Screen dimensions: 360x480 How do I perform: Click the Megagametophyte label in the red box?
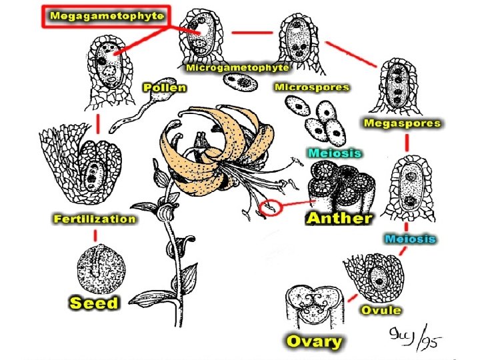pyautogui.click(x=106, y=16)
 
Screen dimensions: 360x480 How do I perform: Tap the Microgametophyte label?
pyautogui.click(x=237, y=67)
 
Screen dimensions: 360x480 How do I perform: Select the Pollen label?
pyautogui.click(x=165, y=87)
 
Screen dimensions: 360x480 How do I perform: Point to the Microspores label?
pyautogui.click(x=312, y=87)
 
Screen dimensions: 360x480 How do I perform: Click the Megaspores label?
pyautogui.click(x=402, y=123)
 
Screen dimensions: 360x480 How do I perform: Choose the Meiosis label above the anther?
pyautogui.click(x=335, y=153)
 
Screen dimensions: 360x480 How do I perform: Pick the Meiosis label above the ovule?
pyautogui.click(x=409, y=238)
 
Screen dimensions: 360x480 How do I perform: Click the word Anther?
pyautogui.click(x=339, y=217)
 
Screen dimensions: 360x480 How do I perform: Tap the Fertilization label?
pyautogui.click(x=95, y=219)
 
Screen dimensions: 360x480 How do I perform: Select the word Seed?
pyautogui.click(x=94, y=303)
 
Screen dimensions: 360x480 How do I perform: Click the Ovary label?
pyautogui.click(x=313, y=342)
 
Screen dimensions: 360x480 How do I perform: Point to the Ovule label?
pyautogui.click(x=381, y=310)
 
